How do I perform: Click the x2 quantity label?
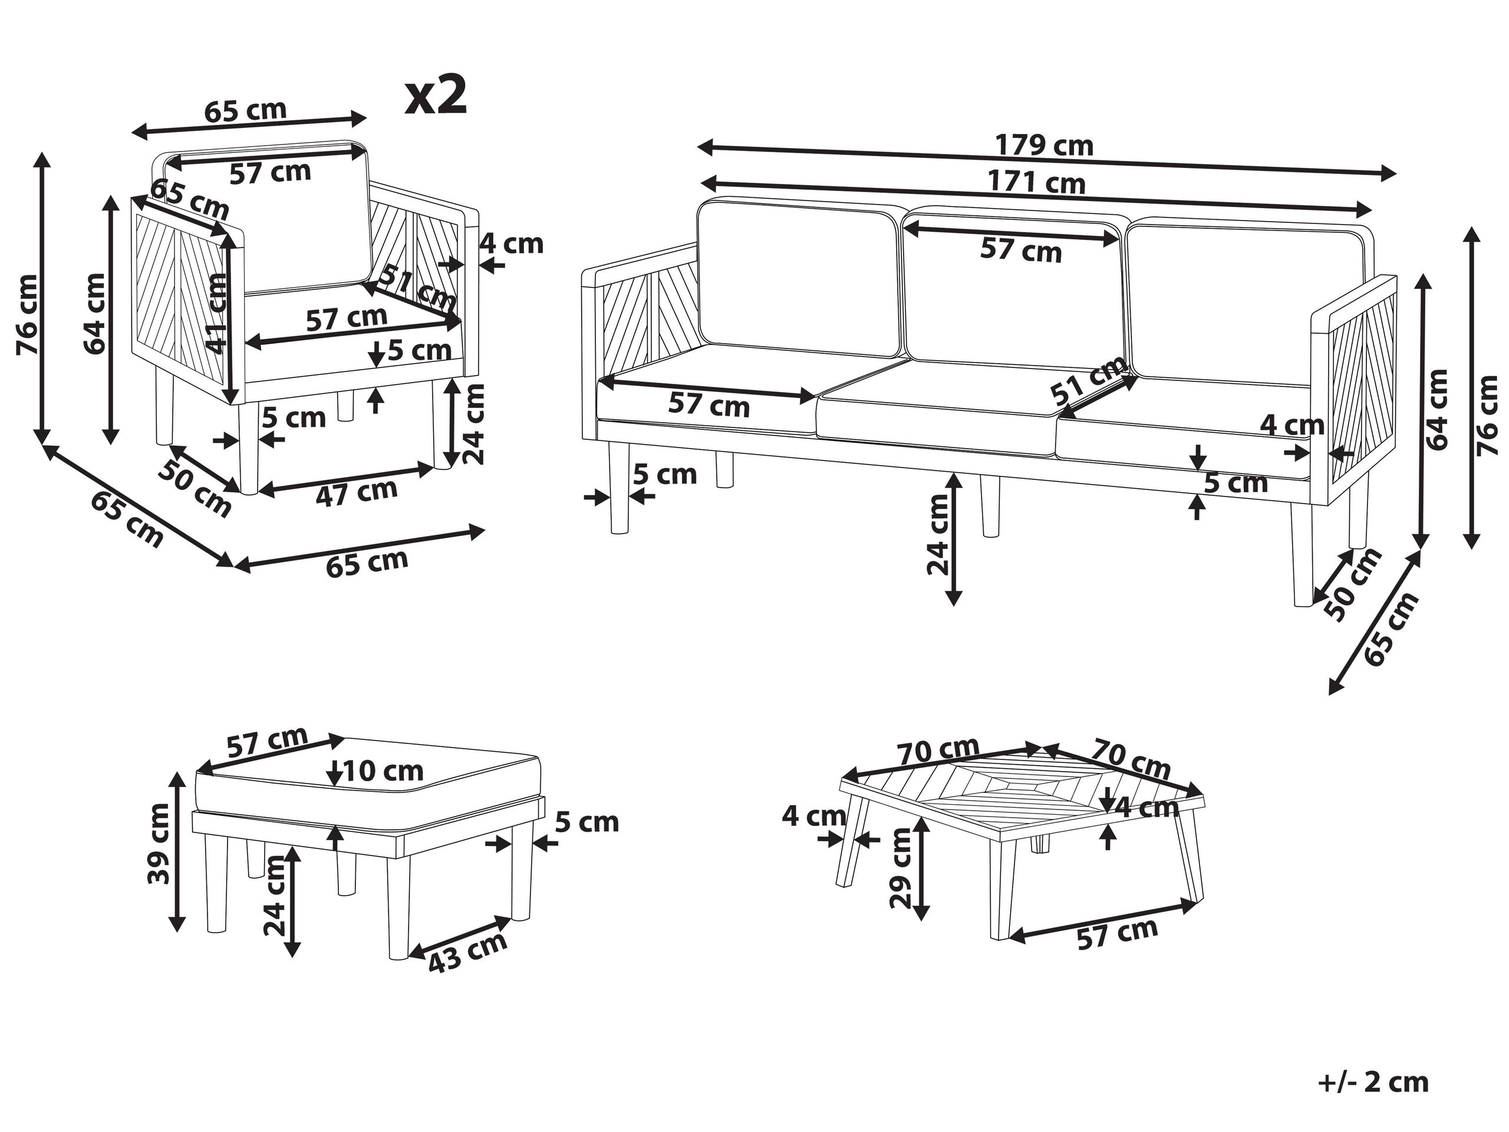click(436, 96)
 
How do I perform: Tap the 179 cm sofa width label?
click(1044, 146)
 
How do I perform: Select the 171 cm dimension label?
click(1037, 182)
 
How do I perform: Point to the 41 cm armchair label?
click(217, 313)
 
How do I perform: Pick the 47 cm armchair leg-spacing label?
click(356, 492)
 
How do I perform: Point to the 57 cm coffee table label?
click(1118, 933)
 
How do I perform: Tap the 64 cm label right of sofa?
click(1436, 409)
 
